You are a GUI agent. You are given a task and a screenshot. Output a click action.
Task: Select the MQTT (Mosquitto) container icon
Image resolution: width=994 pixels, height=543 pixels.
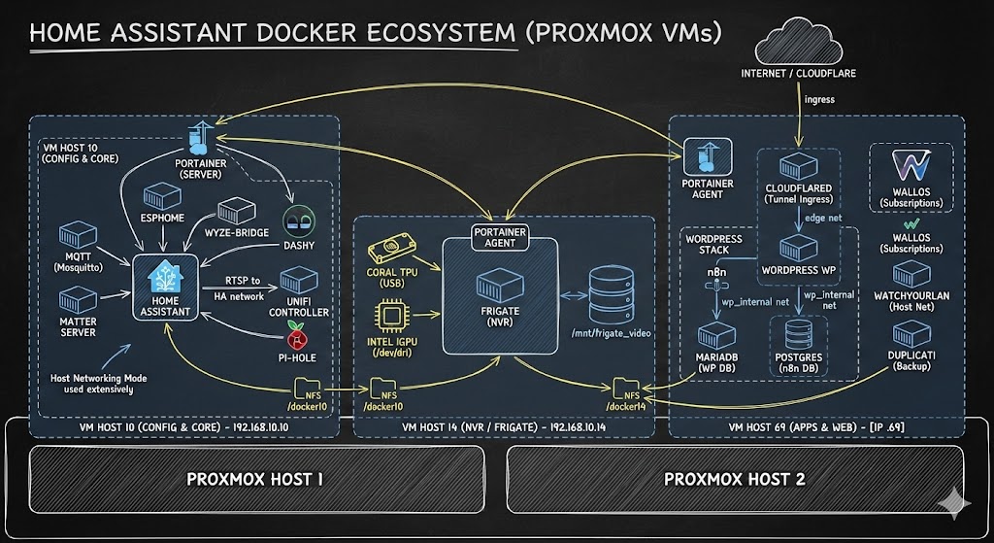78,235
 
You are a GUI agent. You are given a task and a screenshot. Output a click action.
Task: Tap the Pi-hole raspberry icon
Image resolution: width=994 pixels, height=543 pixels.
297,341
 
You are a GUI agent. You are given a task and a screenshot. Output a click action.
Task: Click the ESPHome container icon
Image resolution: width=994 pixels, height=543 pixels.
161,195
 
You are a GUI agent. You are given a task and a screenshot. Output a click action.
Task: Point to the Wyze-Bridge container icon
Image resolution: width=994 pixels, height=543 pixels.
236,212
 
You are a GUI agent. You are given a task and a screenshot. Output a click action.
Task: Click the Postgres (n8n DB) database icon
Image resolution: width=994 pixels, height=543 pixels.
797,333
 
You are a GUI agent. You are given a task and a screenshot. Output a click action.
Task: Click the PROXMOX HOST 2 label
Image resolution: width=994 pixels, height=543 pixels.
734,479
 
